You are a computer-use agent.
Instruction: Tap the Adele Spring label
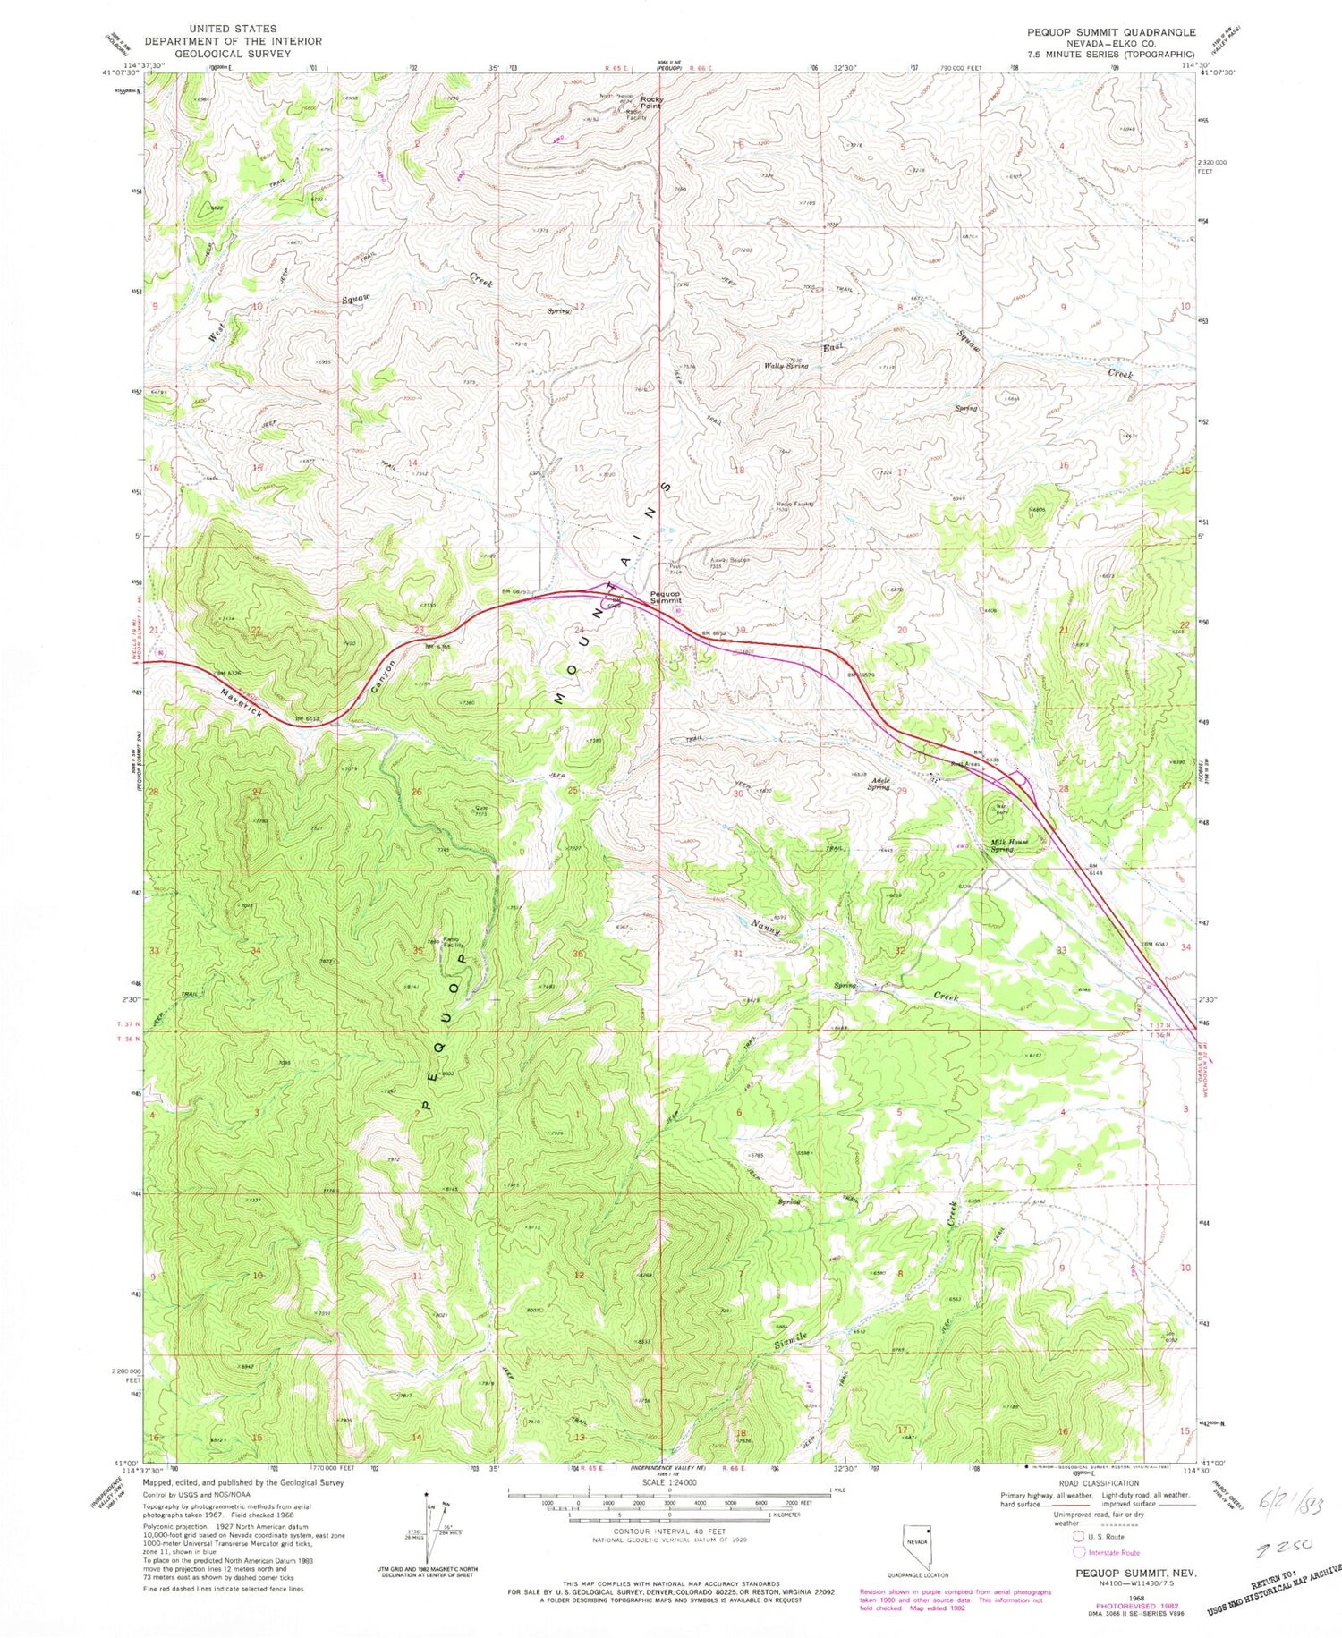click(879, 784)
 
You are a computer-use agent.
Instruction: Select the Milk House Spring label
click(1009, 844)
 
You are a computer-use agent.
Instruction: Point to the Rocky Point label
click(650, 102)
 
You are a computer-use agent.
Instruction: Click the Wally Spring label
click(786, 366)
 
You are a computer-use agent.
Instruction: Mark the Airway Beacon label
click(728, 561)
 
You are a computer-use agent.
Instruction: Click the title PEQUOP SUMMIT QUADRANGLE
click(1110, 32)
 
